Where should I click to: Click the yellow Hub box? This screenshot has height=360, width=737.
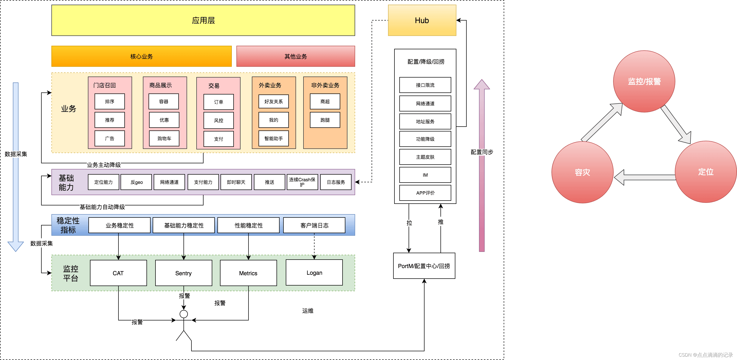point(422,20)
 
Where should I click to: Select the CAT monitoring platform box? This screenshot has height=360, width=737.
point(118,273)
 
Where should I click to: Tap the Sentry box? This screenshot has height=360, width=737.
point(183,273)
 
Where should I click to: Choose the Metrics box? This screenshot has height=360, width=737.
point(248,273)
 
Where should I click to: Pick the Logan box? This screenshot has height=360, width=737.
point(314,272)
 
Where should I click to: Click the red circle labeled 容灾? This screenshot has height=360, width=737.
point(582,172)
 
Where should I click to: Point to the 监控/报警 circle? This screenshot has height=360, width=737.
point(644,81)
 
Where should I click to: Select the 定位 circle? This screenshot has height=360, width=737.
point(706,172)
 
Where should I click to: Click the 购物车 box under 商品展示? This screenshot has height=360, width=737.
point(164,138)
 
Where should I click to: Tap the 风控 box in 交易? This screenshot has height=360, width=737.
point(219,120)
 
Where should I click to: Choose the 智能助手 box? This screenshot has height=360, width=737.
point(273,138)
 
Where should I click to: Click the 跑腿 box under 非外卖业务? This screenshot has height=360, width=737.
point(325,120)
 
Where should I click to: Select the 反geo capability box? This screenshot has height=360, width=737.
point(136,182)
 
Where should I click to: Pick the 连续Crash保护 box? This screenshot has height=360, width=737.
point(302,182)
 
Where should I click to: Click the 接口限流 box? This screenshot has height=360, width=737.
point(425,85)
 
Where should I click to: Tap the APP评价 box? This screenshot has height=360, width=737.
point(425,193)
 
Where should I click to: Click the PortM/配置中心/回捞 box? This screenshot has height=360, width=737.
point(424,266)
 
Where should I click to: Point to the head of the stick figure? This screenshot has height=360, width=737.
point(184,314)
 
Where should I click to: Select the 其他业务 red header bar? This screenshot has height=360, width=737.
point(296,56)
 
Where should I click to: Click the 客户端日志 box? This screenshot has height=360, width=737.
point(314,225)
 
